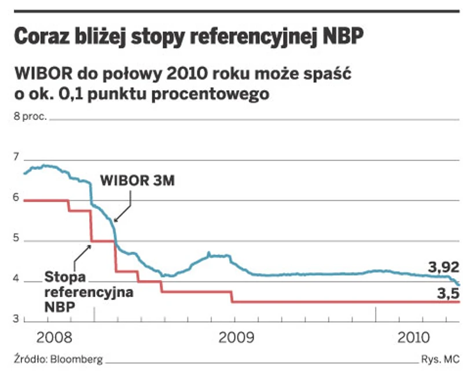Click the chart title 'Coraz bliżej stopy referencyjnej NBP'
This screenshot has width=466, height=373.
coord(189,37)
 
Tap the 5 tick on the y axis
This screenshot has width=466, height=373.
coord(16,239)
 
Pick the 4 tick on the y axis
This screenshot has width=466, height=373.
coord(16,279)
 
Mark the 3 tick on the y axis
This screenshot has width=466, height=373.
coord(16,320)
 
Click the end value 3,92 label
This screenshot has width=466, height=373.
coord(443,267)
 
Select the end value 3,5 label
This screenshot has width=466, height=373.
coord(447,294)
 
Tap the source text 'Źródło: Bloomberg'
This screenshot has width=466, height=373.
coord(53,360)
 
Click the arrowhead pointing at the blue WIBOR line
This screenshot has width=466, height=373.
coord(115,221)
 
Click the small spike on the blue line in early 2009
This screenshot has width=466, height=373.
coord(209,253)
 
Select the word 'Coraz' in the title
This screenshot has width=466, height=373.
coord(41,37)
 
